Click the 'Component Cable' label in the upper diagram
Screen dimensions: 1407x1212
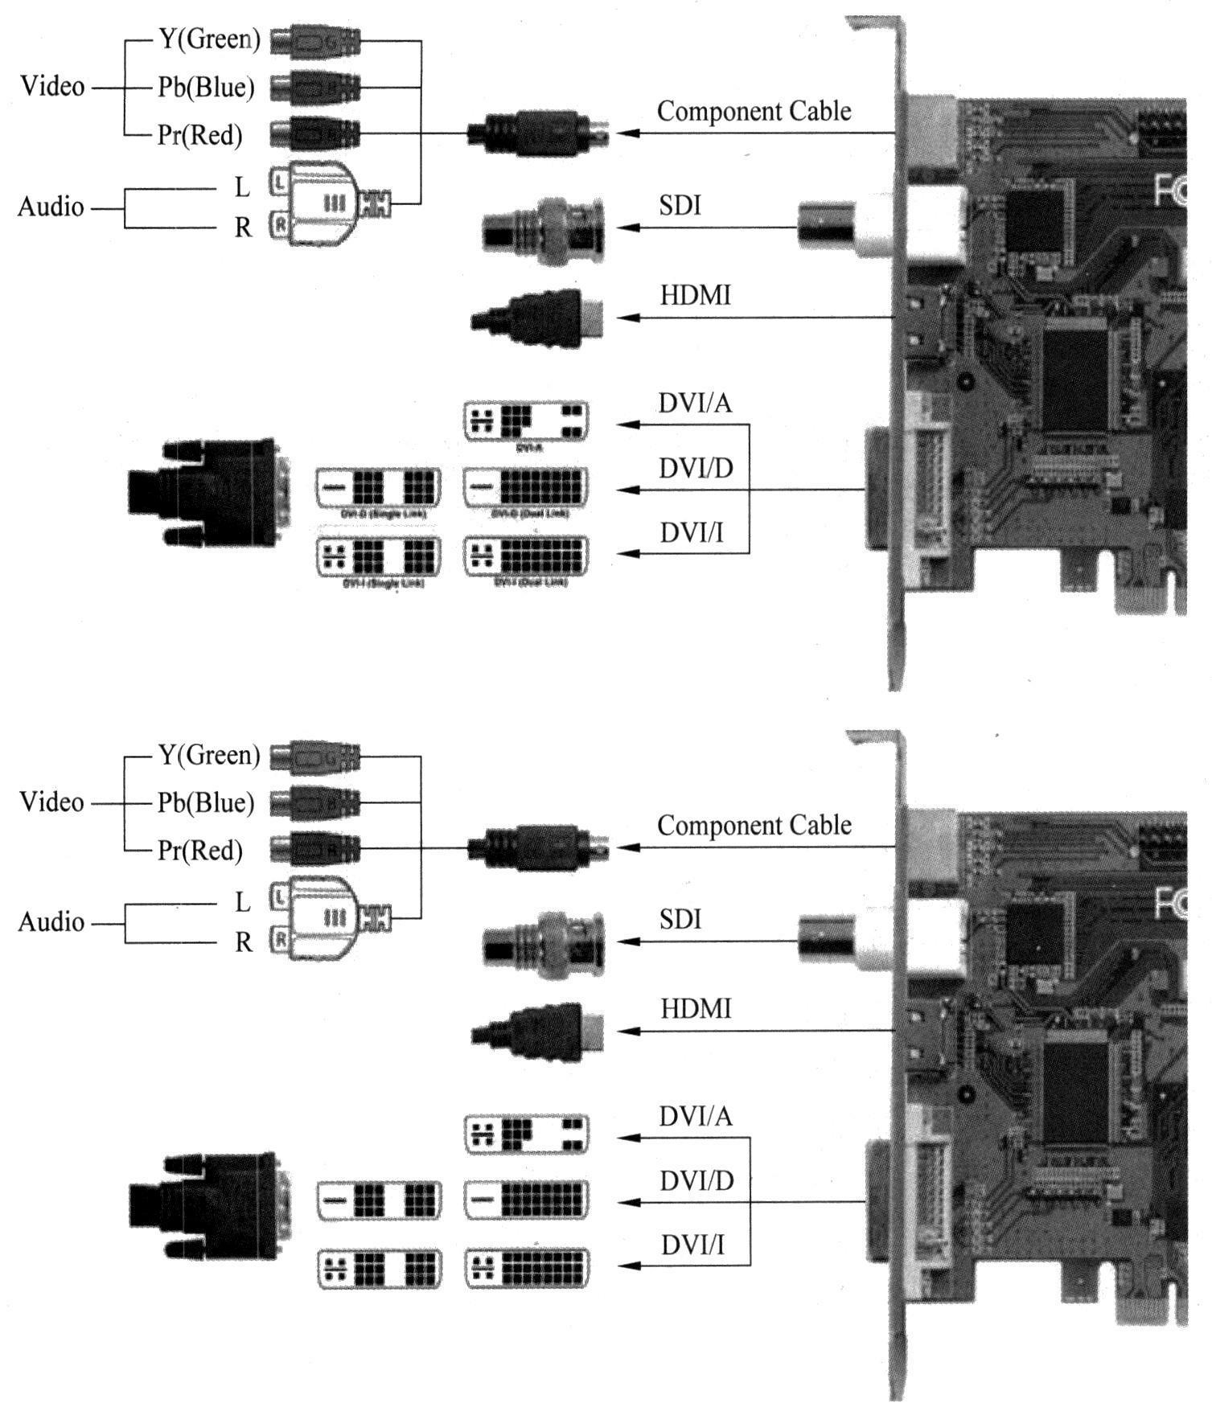point(754,111)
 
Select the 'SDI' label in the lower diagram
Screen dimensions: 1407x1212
point(680,919)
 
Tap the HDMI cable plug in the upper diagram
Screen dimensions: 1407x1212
point(537,318)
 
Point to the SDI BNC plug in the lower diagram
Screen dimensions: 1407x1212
point(544,944)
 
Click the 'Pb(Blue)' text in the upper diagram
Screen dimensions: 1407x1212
point(206,87)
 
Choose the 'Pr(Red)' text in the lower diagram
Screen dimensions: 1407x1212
point(200,850)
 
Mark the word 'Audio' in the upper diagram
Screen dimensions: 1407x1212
point(51,207)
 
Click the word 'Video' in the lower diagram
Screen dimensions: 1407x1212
point(51,802)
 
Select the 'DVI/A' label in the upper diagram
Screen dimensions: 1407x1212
point(695,403)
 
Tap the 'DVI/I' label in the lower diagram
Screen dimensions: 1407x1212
point(692,1245)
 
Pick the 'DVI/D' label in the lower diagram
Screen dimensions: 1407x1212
point(696,1181)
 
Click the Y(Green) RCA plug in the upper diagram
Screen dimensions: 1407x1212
point(314,40)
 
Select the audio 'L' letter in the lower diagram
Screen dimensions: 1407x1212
point(243,903)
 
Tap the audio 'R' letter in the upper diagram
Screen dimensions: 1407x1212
point(243,228)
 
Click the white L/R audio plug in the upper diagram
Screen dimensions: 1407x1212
point(318,203)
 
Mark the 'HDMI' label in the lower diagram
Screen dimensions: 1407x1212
point(696,1009)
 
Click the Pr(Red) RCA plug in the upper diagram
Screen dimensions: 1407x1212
point(314,133)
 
